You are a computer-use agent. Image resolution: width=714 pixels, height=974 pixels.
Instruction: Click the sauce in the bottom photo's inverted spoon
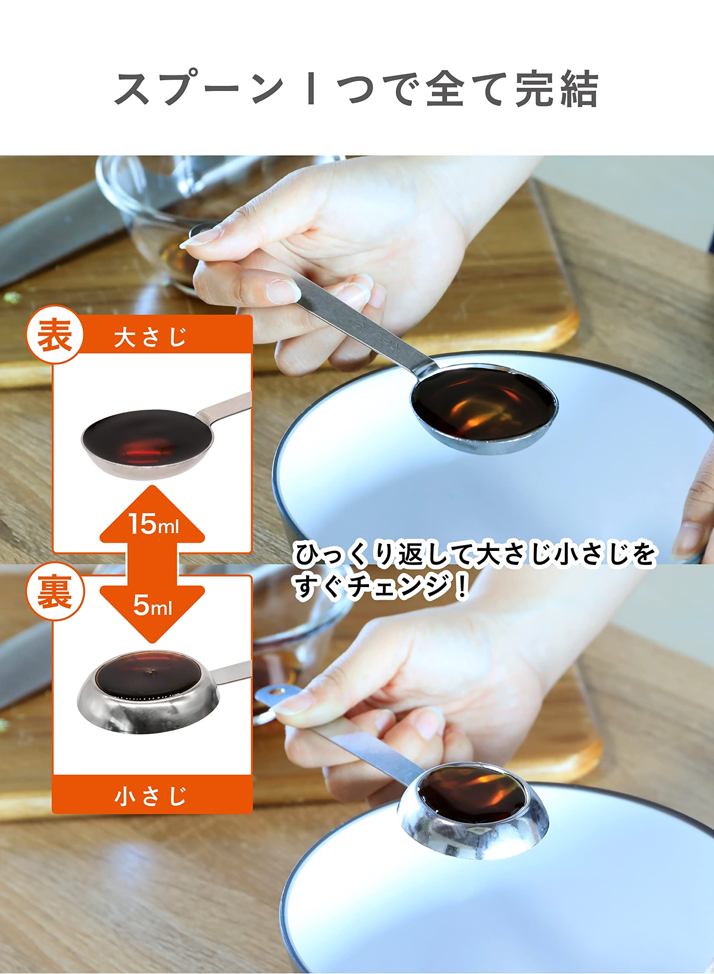click(472, 790)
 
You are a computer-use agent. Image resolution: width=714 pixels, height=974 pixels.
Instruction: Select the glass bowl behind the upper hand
click(173, 216)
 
